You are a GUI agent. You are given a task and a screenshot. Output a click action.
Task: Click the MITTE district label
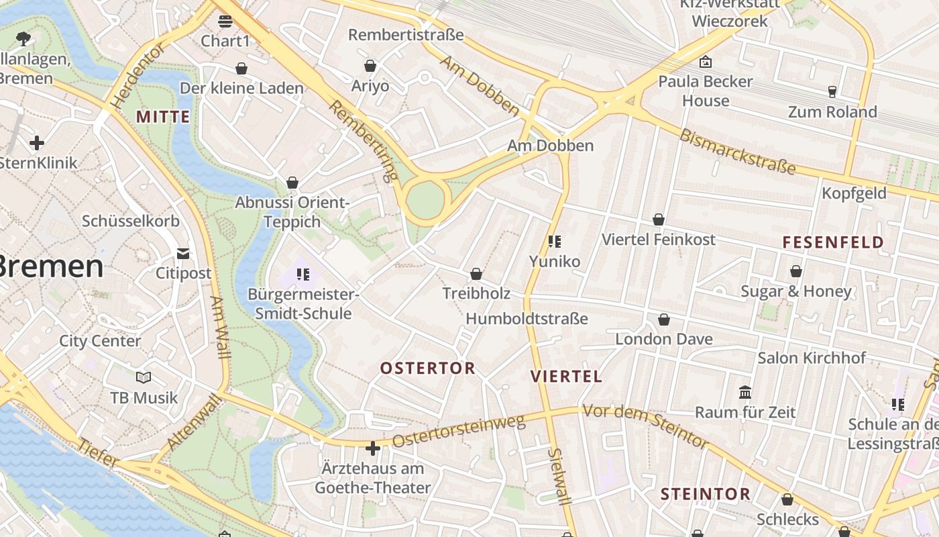pos(163,117)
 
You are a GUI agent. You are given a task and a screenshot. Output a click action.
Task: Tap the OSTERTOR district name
pos(427,368)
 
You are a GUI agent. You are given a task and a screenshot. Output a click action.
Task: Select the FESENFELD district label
pos(833,242)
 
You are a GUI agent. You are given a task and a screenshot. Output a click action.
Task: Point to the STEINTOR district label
pos(706,495)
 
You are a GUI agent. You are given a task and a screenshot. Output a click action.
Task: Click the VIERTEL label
pos(567,376)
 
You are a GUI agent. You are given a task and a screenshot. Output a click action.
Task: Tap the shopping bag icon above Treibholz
pos(476,274)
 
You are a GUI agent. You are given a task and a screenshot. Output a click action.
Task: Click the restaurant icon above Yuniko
pos(554,241)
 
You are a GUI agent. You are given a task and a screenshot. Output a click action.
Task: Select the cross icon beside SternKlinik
pos(37,142)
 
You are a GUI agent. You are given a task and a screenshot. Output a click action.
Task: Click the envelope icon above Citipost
pos(183,253)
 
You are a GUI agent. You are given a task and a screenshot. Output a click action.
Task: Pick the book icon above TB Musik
pos(144,377)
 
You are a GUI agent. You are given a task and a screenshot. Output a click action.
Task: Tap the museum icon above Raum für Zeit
pos(745,392)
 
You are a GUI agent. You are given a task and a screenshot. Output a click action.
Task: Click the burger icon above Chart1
pos(225,21)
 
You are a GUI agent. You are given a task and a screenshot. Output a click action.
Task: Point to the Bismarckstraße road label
pos(737,151)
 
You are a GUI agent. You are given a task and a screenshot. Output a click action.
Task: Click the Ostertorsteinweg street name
pos(459,432)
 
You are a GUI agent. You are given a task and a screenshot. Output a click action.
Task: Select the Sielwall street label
pos(559,477)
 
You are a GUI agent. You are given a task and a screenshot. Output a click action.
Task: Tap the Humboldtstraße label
pos(527,318)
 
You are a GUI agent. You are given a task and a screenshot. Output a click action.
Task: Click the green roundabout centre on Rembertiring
pos(425,199)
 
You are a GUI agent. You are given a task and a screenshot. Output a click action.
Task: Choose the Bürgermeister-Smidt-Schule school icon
pos(302,274)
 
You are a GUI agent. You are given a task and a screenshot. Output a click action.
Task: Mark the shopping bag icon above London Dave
pos(664,320)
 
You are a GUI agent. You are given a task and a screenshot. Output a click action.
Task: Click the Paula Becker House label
pos(706,91)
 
